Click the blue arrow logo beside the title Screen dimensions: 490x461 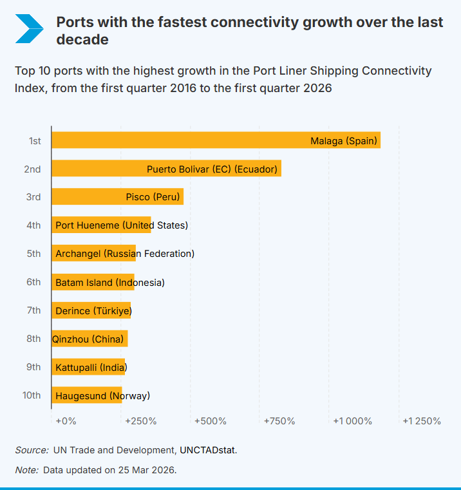coord(29,28)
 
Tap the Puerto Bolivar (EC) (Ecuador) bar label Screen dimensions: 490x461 coord(212,169)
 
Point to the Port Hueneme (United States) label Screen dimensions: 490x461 coord(122,225)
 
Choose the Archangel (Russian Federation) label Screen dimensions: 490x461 coord(125,254)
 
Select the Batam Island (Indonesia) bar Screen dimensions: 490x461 coord(93,282)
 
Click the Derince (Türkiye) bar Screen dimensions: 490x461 coord(91,310)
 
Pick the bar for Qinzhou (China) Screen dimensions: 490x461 coord(89,339)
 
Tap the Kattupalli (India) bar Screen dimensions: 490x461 coord(88,367)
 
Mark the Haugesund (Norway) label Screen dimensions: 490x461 coord(103,395)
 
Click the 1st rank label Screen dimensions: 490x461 coord(35,140)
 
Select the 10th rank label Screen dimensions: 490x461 coord(32,395)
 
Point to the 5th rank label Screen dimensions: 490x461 coord(33,254)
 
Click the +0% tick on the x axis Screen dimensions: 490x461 coord(66,421)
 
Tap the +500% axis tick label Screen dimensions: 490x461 coord(211,421)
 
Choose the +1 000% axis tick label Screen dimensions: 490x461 coord(352,421)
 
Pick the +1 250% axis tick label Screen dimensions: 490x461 coord(422,421)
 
